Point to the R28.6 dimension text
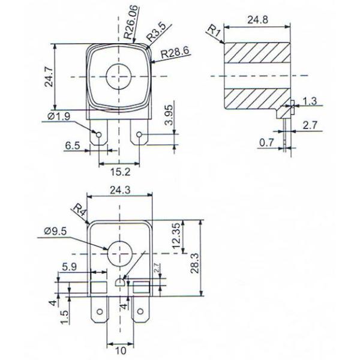pyautogui.click(x=175, y=52)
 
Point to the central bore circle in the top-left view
pyautogui.click(x=118, y=76)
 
